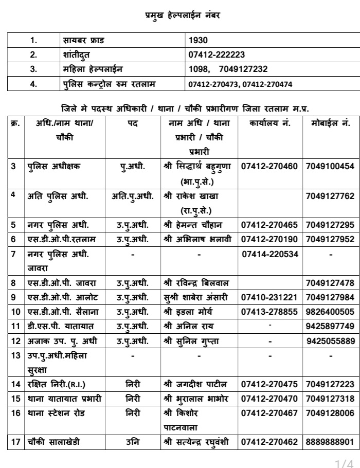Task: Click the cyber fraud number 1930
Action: [x=199, y=40]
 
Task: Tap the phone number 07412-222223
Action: [x=217, y=55]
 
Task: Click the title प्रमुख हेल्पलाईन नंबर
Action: [x=182, y=16]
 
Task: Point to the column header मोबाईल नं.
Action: [x=331, y=123]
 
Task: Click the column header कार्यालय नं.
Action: [x=270, y=123]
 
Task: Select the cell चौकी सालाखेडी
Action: [x=53, y=442]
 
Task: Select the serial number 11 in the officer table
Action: [x=15, y=326]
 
